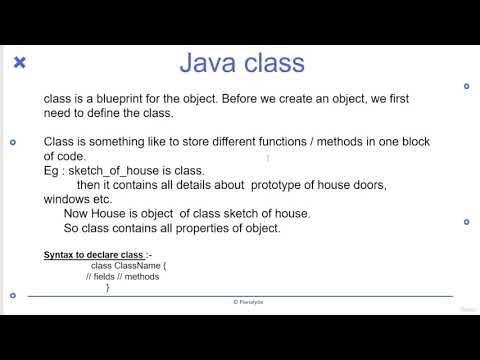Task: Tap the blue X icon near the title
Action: click(20, 63)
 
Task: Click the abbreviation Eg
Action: click(51, 171)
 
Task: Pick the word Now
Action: click(76, 213)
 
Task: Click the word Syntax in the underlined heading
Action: click(58, 255)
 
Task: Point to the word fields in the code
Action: click(107, 277)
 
